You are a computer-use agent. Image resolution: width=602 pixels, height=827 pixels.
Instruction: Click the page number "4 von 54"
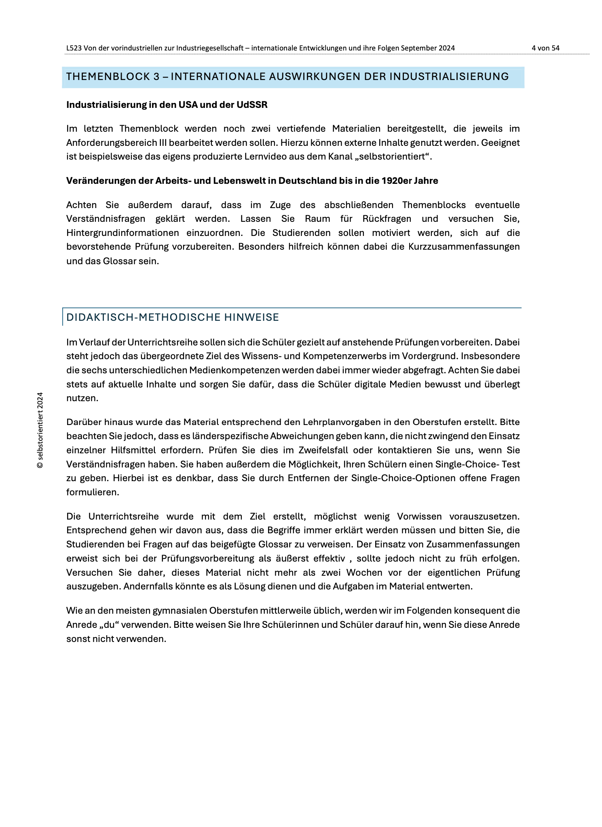[x=545, y=48]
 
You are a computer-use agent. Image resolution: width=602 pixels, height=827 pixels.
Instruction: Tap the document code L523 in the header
[x=74, y=48]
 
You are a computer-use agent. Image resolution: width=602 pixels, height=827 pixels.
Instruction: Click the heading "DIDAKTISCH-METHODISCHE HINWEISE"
[x=173, y=318]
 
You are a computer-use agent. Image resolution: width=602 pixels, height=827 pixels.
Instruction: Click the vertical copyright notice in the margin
[x=40, y=430]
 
